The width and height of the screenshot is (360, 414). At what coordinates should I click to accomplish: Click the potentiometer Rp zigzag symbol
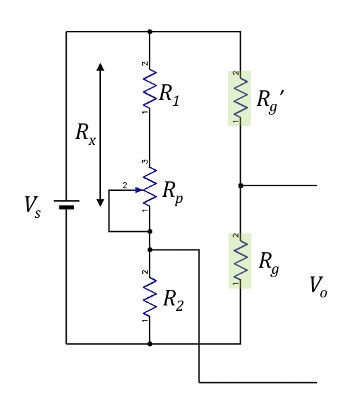(150, 189)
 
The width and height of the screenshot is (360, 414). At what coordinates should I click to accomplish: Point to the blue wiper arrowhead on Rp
(139, 189)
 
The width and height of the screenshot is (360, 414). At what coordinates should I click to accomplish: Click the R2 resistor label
(173, 300)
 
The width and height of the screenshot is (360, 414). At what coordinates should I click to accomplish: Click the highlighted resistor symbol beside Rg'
(240, 98)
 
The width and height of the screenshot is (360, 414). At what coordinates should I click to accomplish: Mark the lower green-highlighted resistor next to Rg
(240, 260)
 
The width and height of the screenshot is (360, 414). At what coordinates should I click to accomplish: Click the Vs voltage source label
(32, 207)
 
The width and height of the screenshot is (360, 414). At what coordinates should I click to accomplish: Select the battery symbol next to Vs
(66, 204)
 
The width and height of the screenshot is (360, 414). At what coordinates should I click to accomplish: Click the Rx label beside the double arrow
(85, 133)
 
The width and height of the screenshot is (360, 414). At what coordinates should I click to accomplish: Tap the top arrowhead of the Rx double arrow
(100, 67)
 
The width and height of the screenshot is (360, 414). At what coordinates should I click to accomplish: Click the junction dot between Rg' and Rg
(241, 185)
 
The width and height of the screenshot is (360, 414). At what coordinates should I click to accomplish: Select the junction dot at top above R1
(150, 31)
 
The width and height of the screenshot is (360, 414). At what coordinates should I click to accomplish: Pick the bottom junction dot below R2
(150, 344)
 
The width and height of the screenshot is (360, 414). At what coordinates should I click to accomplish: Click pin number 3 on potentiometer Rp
(144, 162)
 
